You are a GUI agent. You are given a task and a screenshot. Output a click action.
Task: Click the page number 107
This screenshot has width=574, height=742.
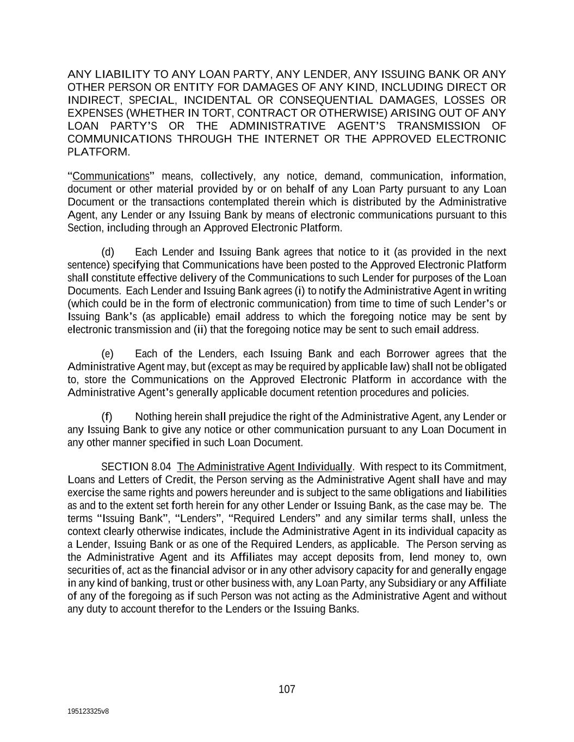click(x=287, y=689)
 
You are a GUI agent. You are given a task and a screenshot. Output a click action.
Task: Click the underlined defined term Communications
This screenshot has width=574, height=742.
click(x=110, y=176)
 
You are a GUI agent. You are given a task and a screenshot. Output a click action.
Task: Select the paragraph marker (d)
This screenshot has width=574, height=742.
click(x=108, y=252)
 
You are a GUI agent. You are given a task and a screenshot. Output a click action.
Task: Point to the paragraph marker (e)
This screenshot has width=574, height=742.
click(x=108, y=354)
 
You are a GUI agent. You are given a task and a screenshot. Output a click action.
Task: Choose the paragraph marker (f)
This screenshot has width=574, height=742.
click(x=107, y=417)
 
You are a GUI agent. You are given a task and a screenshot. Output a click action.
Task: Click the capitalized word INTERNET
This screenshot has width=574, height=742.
click(x=292, y=139)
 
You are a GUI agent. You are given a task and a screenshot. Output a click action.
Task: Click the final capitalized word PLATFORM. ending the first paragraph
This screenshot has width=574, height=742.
click(x=98, y=152)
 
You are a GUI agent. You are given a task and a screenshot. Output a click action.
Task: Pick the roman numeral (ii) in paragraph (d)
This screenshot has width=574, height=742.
click(x=200, y=329)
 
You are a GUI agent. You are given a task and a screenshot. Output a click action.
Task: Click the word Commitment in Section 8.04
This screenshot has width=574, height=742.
click(x=475, y=467)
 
